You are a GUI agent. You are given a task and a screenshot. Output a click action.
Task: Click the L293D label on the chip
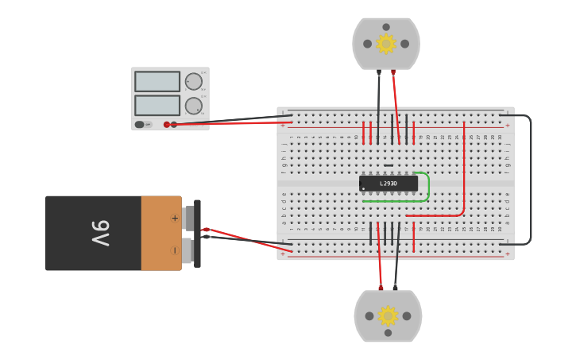click(389, 184)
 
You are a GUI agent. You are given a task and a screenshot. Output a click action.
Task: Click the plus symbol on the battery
click(175, 218)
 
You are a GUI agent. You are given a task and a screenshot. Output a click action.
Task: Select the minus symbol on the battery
click(175, 250)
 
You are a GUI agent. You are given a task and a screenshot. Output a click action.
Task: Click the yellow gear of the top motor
click(386, 44)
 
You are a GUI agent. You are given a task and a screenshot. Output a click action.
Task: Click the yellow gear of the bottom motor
click(388, 316)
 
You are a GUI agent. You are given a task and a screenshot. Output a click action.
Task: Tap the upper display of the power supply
click(157, 81)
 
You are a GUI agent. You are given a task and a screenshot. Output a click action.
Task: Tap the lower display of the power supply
click(157, 106)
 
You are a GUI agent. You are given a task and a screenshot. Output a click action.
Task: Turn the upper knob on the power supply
click(194, 81)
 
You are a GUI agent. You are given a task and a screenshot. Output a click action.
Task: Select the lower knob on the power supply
click(194, 106)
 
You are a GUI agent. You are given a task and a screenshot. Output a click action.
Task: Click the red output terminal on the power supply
click(167, 124)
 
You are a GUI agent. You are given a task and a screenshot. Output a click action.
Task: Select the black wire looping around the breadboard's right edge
click(530, 179)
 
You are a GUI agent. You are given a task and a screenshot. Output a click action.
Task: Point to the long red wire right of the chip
click(464, 171)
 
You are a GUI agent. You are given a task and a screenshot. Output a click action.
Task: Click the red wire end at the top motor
click(392, 72)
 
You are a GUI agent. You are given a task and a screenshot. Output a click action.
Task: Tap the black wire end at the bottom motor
click(396, 287)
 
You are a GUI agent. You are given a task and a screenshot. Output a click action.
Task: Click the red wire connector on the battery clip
click(206, 229)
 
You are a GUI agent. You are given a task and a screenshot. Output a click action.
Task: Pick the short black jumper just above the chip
click(389, 165)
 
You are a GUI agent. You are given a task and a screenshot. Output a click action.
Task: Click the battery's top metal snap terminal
click(187, 217)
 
